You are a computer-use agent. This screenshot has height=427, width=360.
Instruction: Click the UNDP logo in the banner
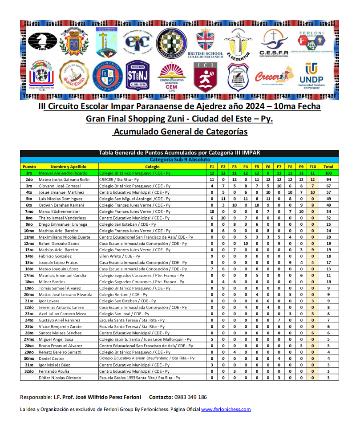[311, 76]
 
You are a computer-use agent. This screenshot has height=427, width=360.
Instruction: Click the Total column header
[328, 167]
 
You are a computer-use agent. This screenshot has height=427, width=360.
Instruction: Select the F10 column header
[312, 167]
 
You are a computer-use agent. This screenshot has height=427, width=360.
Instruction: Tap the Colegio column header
[152, 167]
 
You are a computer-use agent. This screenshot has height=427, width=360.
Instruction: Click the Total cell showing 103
[328, 173]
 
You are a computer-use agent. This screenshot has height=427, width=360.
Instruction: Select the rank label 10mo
[29, 231]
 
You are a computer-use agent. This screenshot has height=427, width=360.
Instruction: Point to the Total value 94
[328, 179]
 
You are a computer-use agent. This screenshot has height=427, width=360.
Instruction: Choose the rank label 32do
[29, 371]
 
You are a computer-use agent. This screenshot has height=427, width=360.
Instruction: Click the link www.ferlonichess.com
[226, 409]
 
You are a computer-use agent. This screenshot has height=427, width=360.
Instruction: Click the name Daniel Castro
[51, 358]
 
